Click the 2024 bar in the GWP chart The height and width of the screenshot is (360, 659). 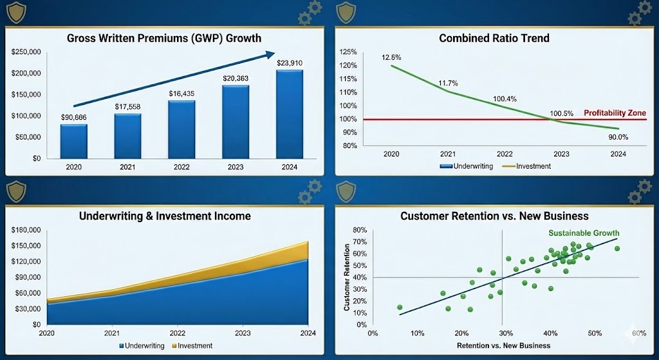(289, 114)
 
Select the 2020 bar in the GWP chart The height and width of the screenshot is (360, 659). (74, 141)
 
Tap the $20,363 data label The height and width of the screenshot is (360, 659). (236, 78)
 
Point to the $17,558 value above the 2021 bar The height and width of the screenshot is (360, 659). (127, 106)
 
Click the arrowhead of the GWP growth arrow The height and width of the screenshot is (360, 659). (270, 55)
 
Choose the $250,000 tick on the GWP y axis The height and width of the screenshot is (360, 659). (26, 52)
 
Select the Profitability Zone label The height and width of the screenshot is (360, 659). (615, 113)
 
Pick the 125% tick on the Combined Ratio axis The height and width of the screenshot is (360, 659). (348, 52)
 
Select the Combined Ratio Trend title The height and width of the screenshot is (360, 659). (494, 38)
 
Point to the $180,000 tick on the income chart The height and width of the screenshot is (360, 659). (26, 230)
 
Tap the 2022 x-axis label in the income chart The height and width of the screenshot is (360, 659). (178, 333)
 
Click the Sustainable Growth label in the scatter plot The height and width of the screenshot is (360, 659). (584, 233)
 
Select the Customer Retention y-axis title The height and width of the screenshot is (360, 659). (347, 277)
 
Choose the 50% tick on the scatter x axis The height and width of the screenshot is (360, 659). (595, 333)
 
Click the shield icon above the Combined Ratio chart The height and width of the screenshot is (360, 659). (346, 12)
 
